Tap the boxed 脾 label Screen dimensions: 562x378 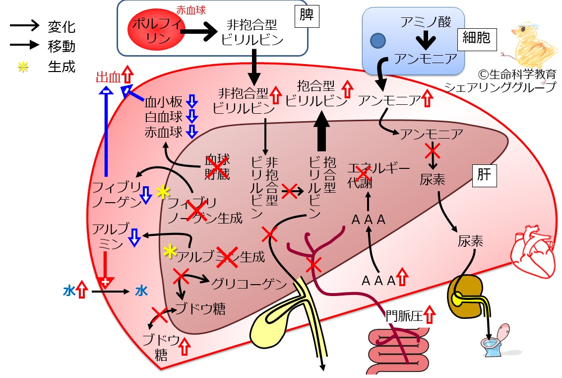307,16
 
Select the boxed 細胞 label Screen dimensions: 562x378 477,39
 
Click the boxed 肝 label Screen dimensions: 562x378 484,175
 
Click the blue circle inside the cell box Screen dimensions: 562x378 377,41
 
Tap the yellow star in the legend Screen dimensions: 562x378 23,67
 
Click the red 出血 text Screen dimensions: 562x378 108,77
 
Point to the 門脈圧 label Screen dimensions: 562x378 404,316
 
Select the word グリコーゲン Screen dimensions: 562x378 249,284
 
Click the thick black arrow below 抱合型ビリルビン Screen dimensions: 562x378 321,131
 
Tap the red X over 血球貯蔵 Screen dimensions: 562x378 216,167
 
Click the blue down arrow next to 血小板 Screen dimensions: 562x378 192,101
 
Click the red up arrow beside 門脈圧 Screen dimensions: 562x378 430,315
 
